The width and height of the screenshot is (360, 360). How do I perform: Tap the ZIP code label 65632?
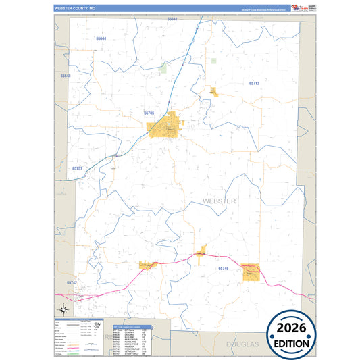(x=172, y=19)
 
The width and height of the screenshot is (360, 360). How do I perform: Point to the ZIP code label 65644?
(x=101, y=38)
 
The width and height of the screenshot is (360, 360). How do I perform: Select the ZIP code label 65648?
(x=66, y=76)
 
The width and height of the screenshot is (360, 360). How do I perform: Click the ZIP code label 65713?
(x=254, y=83)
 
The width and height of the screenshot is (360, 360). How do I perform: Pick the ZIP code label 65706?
(x=149, y=113)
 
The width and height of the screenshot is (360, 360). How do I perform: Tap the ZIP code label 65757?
(x=77, y=168)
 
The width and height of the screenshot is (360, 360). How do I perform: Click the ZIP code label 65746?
(x=224, y=268)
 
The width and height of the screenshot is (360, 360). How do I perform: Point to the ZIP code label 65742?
(x=72, y=282)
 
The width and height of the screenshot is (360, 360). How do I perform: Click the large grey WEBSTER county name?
(x=219, y=201)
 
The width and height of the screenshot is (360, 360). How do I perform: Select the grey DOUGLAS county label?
(x=242, y=344)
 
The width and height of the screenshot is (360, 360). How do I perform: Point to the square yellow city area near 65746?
(x=251, y=272)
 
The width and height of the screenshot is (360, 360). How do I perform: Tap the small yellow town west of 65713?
(x=213, y=91)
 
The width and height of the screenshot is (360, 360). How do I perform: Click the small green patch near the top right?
(x=213, y=61)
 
